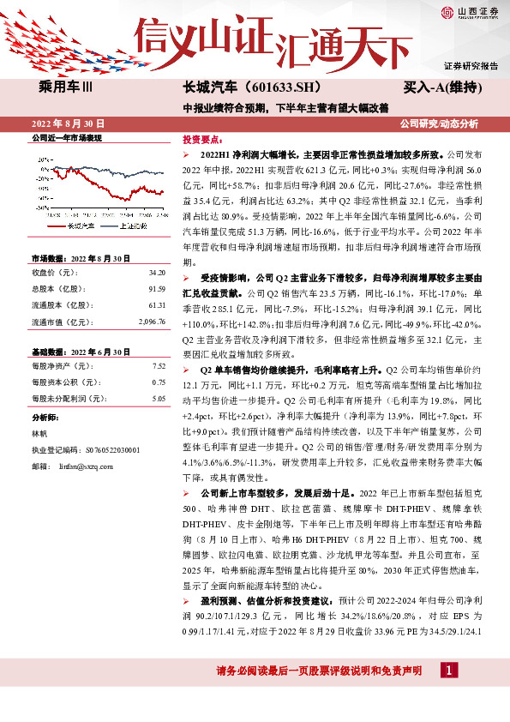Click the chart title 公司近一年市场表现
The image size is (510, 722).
coord(67,137)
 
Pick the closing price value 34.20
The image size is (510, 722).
coord(156,273)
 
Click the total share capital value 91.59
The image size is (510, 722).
coord(156,289)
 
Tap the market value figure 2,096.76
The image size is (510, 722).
coord(151,322)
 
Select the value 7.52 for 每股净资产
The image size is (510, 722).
coord(158,366)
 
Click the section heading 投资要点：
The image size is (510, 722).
coord(202,138)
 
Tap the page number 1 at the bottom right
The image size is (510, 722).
coord(450,670)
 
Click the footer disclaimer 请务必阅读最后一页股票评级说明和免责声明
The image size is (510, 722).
coord(319,670)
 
